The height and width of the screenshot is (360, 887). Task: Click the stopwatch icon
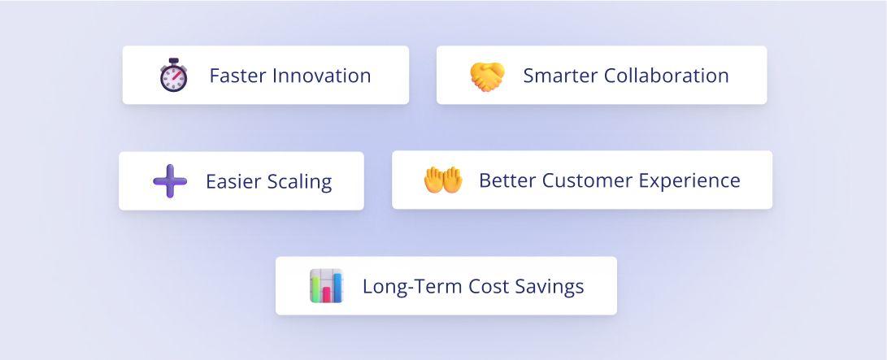point(174,75)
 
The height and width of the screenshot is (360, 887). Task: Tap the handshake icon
point(488,76)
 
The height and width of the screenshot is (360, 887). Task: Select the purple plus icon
point(170,181)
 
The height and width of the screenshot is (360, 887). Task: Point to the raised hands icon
point(443,180)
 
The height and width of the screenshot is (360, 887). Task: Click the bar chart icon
point(326,286)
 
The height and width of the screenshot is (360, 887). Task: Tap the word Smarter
point(560,76)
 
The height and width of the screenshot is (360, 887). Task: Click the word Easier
point(229,181)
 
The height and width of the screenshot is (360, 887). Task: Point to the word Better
point(507,180)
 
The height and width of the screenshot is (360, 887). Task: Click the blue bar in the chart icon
point(337,287)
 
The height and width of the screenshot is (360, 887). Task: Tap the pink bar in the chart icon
point(326,294)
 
